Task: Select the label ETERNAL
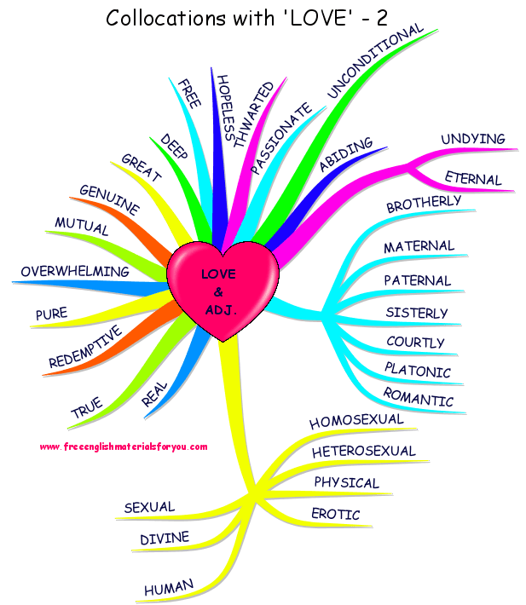click(473, 178)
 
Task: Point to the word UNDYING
click(472, 139)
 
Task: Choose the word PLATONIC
click(417, 371)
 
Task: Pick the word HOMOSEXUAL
click(355, 421)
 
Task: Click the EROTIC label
click(335, 515)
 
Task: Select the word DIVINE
click(165, 539)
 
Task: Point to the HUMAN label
click(169, 587)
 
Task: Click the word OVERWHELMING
click(75, 272)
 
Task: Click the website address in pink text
click(124, 447)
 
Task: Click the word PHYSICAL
click(346, 483)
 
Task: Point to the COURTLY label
click(415, 343)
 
